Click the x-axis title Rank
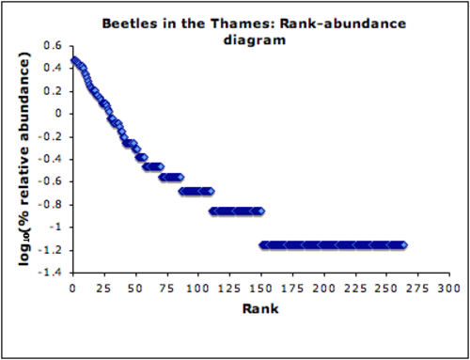pyautogui.click(x=261, y=306)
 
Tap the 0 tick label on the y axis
pyautogui.click(x=58, y=113)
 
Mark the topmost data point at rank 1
pyautogui.click(x=74, y=60)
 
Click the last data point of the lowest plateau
pyautogui.click(x=403, y=244)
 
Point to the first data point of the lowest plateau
pyautogui.click(x=263, y=244)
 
